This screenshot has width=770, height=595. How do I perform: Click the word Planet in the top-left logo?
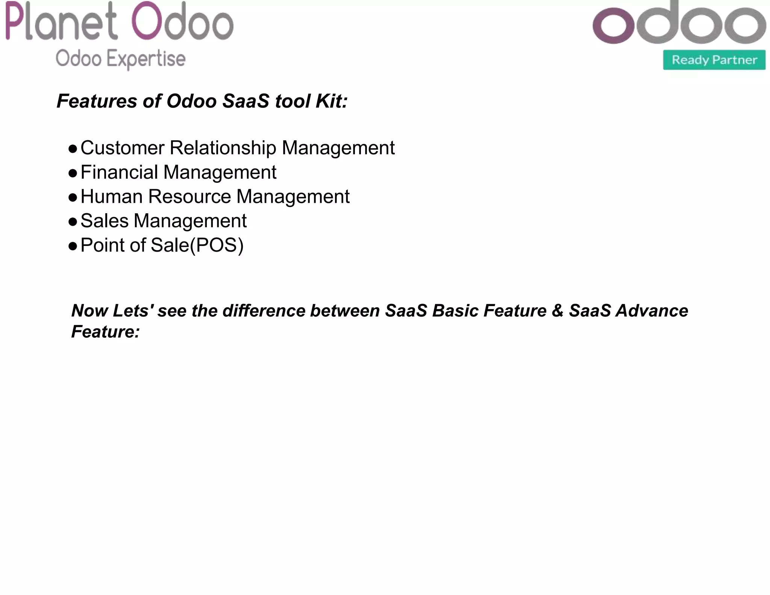coord(61,22)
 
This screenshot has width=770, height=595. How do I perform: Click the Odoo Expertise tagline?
coord(120,59)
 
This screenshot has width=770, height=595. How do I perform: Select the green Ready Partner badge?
coord(714,60)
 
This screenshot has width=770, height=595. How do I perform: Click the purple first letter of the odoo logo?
coord(613,26)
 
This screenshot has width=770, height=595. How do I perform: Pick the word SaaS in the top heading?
coord(246,101)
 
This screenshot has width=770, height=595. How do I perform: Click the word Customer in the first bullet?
coord(122,148)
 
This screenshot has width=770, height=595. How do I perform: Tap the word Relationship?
coord(223,148)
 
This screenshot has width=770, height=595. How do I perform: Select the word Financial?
coord(119,172)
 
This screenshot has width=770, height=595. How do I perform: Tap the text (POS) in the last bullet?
coord(217,245)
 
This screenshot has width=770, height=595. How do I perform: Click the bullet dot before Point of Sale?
coord(73,246)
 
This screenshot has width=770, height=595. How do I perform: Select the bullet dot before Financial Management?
coord(73,173)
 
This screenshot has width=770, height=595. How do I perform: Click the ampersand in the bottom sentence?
coord(557,311)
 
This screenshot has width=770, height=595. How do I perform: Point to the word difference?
coord(263,311)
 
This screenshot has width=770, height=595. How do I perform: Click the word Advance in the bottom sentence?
coord(652,311)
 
